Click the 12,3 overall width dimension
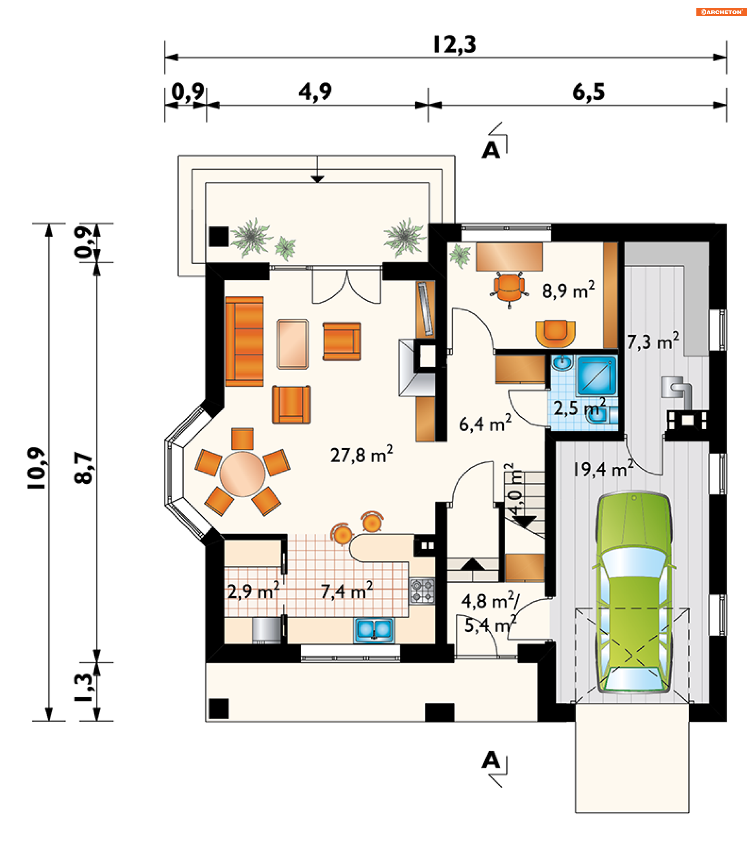[x=454, y=45]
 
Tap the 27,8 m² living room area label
[x=361, y=454]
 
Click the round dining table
[x=242, y=474]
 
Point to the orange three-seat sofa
[x=244, y=342]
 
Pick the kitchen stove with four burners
[x=422, y=591]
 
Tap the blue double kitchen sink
[x=374, y=630]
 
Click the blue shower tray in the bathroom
[x=596, y=375]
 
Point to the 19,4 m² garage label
[x=603, y=469]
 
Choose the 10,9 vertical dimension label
[x=37, y=468]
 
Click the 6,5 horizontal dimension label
[x=588, y=92]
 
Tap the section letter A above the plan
[x=491, y=151]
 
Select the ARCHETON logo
[x=721, y=12]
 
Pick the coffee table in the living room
[x=293, y=344]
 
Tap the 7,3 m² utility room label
[x=653, y=342]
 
